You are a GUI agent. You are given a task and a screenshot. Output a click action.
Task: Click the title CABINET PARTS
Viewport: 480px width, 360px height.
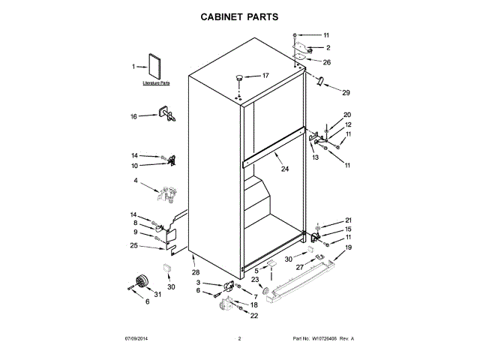pos(241,15)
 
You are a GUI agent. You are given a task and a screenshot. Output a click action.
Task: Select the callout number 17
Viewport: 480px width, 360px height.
pos(264,76)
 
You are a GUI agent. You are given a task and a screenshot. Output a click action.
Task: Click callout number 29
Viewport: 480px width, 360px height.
pos(345,93)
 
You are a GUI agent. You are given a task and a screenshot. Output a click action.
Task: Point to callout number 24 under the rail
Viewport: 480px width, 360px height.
pos(284,169)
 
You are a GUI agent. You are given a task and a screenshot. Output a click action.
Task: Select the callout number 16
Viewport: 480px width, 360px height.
pos(134,116)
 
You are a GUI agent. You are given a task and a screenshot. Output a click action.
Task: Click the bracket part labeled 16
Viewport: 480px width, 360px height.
pos(166,115)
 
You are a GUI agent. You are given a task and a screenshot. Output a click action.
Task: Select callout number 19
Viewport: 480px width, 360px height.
pos(348,247)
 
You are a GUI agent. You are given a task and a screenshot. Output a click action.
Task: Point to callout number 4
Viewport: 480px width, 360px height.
pos(136,181)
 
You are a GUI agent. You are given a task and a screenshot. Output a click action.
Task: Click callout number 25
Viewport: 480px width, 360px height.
pos(134,245)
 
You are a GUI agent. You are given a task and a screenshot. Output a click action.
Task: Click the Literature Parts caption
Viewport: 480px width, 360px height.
pos(156,84)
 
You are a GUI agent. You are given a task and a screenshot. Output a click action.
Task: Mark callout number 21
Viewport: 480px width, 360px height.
pos(348,220)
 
